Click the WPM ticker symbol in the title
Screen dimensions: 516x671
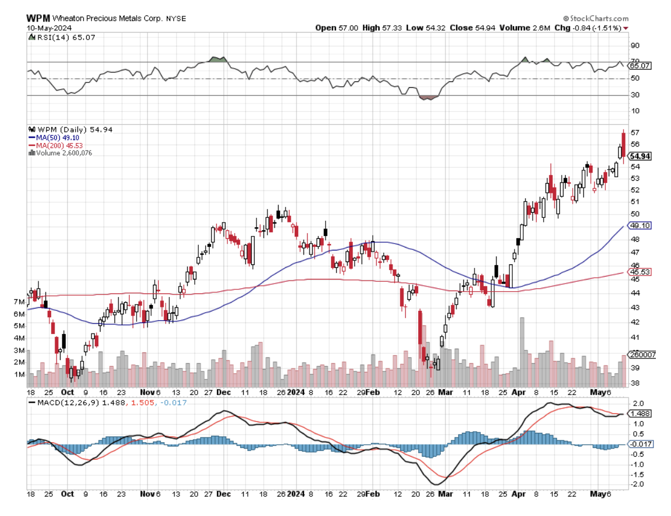(36, 18)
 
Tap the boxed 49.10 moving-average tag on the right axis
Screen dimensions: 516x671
(638, 225)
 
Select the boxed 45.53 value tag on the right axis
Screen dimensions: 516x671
(638, 271)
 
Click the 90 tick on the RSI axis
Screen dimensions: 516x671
(635, 45)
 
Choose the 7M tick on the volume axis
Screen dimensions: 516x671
(19, 302)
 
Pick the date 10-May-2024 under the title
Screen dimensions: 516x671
(45, 27)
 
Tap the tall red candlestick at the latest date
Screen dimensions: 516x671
(623, 145)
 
